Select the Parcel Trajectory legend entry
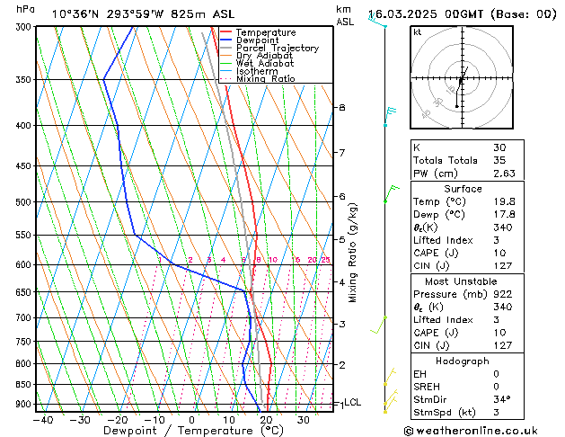click(277, 49)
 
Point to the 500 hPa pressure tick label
click(23, 202)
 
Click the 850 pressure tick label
click(23, 385)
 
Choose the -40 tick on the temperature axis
click(42, 420)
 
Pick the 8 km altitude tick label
click(341, 108)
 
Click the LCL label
click(352, 403)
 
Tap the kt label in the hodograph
click(417, 31)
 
